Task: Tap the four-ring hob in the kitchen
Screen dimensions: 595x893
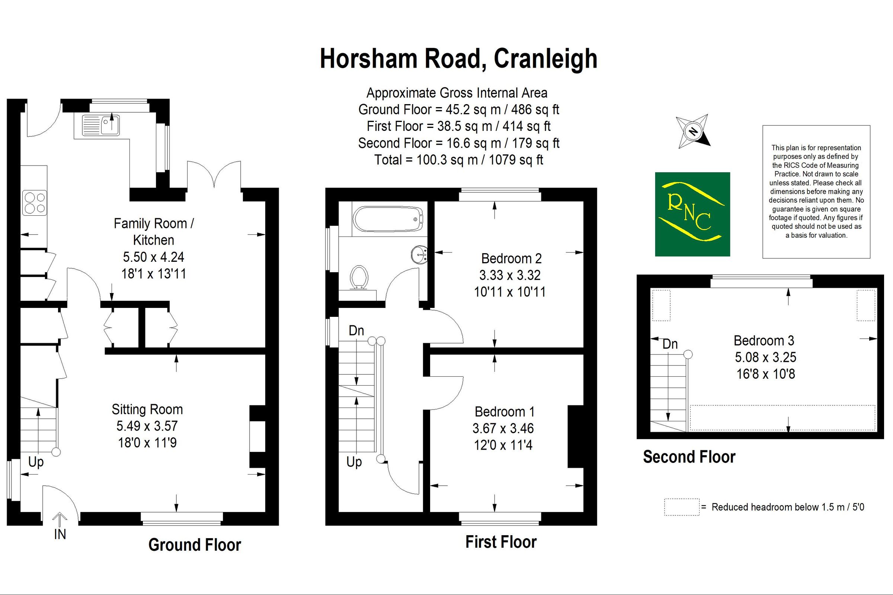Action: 35,203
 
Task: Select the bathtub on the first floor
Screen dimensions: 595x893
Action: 388,219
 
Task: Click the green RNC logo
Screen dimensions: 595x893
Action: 692,215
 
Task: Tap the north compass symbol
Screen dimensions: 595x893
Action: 693,131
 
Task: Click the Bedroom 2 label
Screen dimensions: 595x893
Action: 511,258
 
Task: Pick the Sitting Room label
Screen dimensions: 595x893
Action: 147,409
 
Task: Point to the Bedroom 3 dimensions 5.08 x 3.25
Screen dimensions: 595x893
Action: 765,357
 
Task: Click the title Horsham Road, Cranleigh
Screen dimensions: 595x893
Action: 458,59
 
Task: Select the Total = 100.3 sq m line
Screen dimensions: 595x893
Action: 458,160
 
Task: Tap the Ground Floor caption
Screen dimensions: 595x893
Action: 194,545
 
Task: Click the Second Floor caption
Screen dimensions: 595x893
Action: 689,457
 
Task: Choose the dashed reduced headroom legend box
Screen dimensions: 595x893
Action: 682,507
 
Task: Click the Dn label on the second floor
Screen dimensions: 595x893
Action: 670,344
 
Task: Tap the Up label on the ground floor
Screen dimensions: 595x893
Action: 36,462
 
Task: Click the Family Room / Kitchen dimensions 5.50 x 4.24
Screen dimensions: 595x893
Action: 153,257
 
